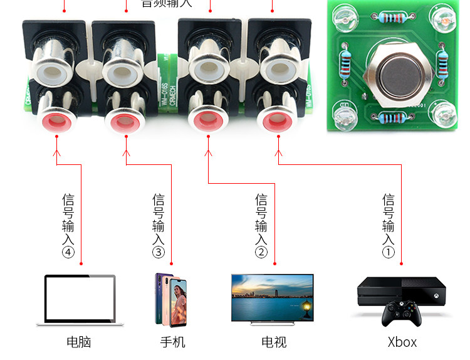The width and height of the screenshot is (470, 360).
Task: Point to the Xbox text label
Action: pyautogui.click(x=402, y=342)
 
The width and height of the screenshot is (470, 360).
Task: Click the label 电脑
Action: pyautogui.click(x=79, y=342)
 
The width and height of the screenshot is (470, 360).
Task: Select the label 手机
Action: pyautogui.click(x=172, y=342)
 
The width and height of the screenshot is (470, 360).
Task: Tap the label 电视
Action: pyautogui.click(x=274, y=342)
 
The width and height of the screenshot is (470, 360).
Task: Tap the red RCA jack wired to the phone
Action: pyautogui.click(x=125, y=120)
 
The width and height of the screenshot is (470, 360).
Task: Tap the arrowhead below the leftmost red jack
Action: pyautogui.click(x=56, y=152)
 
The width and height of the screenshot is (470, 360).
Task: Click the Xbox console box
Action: pyautogui.click(x=402, y=292)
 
